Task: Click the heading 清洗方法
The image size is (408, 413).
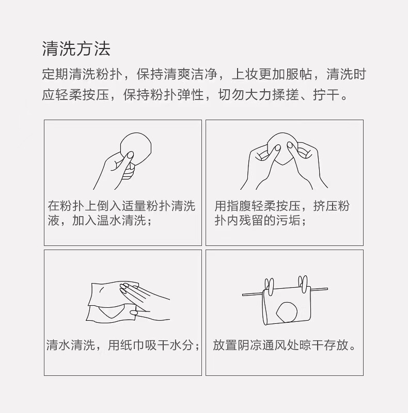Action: pos(76,49)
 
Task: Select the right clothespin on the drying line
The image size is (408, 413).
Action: pos(303,284)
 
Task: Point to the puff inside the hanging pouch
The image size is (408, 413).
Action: pos(287,312)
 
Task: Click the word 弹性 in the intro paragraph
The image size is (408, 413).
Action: pos(190,94)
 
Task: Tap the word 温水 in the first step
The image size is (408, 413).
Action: pos(109,220)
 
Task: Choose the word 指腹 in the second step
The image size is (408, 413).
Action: pos(239,206)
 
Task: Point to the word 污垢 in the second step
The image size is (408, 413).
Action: pos(288,220)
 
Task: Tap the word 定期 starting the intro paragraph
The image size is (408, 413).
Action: pos(55,74)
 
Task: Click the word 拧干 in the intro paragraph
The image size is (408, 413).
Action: pos(326,94)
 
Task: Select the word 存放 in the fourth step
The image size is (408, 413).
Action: pos(336,345)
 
